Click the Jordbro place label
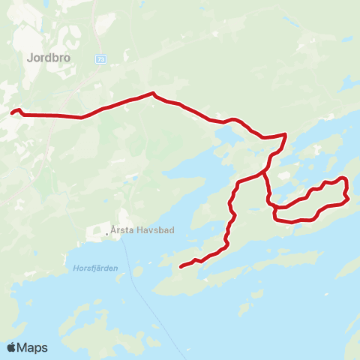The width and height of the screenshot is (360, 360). (48, 56)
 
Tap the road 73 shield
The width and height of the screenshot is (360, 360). (100, 58)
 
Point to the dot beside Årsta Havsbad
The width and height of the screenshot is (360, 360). (108, 232)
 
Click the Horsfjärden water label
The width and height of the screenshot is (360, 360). (96, 268)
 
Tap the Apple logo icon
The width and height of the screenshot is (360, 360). (12, 347)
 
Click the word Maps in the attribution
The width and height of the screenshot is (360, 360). (33, 347)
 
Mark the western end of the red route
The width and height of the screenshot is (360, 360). (12, 114)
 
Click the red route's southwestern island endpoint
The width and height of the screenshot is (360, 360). (181, 265)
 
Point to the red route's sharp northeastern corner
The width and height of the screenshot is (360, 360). (285, 135)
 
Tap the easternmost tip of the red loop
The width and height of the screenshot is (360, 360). (349, 198)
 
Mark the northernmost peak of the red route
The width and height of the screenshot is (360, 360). (153, 94)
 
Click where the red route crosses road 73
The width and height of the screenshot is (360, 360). (80, 117)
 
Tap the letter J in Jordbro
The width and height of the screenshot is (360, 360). (29, 56)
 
